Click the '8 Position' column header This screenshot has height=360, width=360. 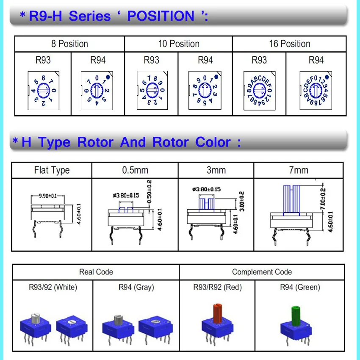(69, 44)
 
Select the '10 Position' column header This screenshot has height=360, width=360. (178, 44)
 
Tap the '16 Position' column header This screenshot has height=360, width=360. (289, 44)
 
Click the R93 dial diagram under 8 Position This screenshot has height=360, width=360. (43, 90)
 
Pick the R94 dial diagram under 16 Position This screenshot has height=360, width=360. (316, 90)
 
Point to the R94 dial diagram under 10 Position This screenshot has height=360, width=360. (205, 90)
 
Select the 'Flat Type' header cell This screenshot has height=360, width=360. (52, 170)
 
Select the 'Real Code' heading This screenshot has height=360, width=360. (96, 272)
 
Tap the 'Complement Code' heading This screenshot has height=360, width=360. (262, 272)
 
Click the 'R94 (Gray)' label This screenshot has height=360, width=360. (136, 287)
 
